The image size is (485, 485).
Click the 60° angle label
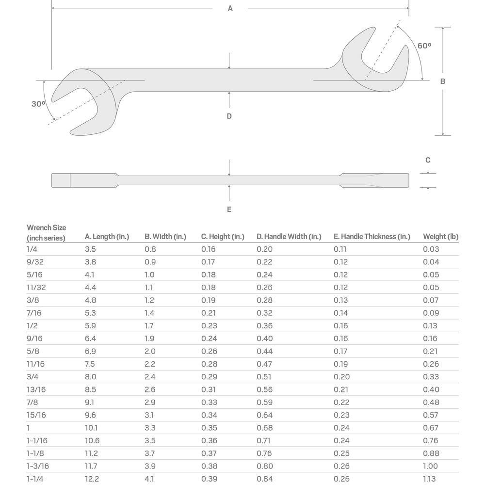tap(424, 46)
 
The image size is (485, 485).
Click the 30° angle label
tap(38, 104)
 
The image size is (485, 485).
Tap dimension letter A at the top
tap(230, 8)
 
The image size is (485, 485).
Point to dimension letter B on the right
tap(442, 81)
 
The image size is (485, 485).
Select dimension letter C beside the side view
tap(428, 160)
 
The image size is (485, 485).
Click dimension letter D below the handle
tap(229, 116)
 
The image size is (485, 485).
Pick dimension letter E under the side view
tap(229, 209)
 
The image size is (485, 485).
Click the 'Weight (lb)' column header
tap(440, 237)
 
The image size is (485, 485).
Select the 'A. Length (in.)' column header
tap(107, 237)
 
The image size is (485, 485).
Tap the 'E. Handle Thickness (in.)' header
tap(372, 237)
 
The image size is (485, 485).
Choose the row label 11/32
tap(36, 287)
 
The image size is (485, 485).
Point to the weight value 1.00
tap(431, 466)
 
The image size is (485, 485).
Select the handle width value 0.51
tap(264, 377)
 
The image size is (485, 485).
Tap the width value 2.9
tap(150, 402)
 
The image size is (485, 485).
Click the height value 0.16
tap(209, 249)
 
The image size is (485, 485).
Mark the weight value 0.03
tap(431, 249)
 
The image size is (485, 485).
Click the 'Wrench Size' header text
tap(46, 228)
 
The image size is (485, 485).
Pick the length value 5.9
tap(91, 326)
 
